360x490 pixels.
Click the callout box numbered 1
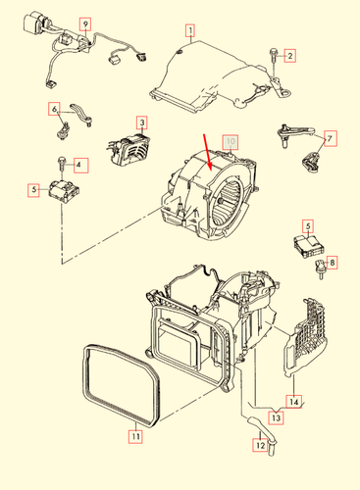click(190, 30)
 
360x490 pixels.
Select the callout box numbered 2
click(289, 56)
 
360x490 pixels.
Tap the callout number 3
click(142, 122)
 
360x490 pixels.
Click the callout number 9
click(85, 24)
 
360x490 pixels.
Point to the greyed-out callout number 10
click(231, 141)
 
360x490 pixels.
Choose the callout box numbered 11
click(135, 436)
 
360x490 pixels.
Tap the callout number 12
click(260, 445)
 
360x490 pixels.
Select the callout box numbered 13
click(277, 417)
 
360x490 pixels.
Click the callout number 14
click(294, 401)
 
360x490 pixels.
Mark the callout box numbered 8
click(332, 262)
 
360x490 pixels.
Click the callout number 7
click(330, 138)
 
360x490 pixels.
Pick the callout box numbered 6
click(54, 109)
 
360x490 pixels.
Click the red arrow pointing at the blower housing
click(208, 152)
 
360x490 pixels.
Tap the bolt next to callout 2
click(273, 60)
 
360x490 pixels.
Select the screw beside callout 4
click(62, 165)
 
